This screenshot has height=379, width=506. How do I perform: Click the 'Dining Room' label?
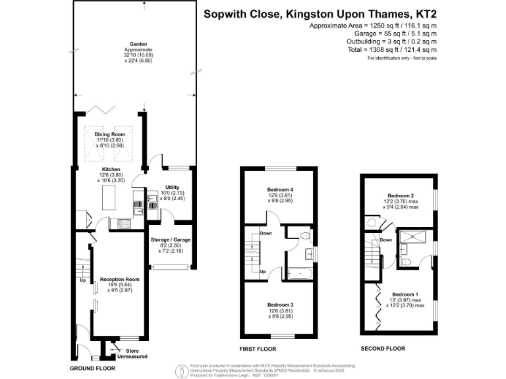coord(110,134)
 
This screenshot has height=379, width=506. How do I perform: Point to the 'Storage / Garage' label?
coord(169,240)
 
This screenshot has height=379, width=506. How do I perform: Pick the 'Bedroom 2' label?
coord(400,196)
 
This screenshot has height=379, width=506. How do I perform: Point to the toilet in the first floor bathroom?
coord(304,236)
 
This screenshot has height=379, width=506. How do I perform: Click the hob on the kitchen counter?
coord(123,223)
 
